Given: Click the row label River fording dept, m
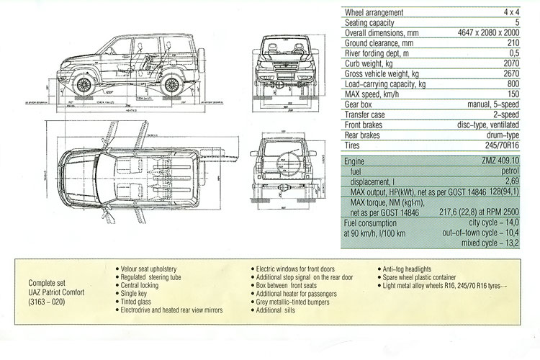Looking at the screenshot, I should pyautogui.click(x=381, y=53).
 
